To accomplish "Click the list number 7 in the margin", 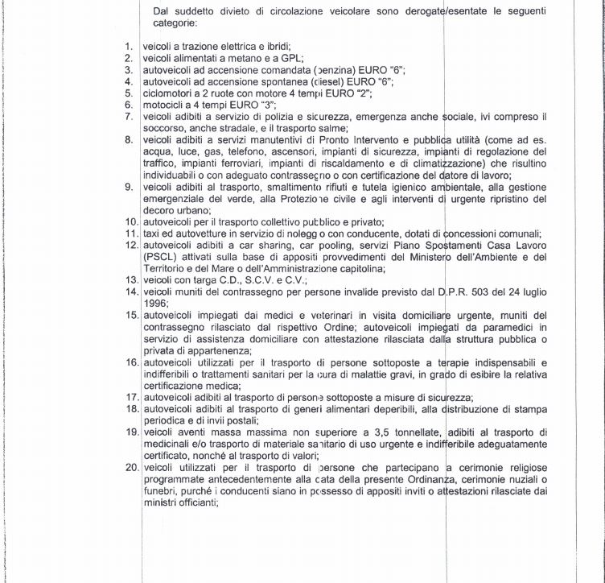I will click(x=129, y=117).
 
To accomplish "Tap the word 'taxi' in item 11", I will click(x=151, y=233).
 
